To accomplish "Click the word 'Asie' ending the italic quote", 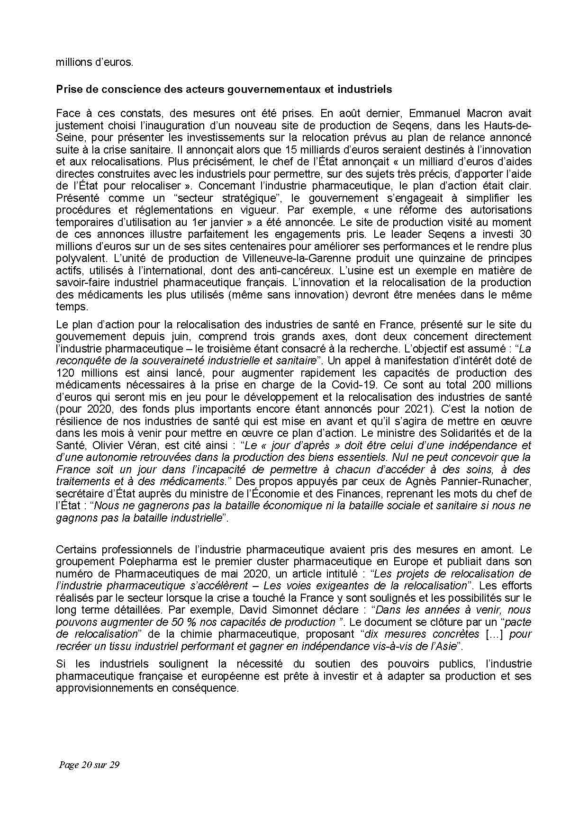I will coord(446,646).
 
